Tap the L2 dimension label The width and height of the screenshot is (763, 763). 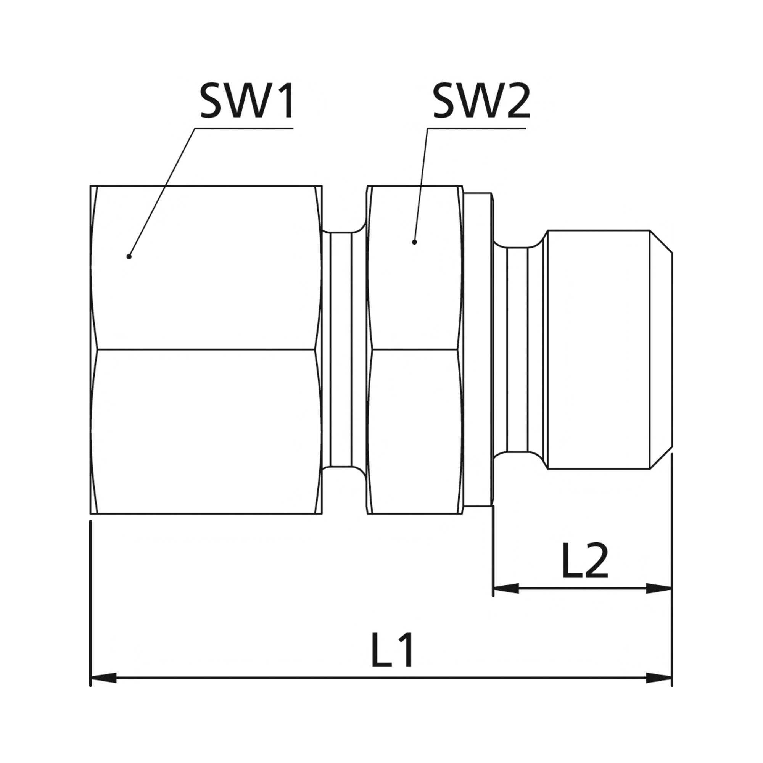point(584,562)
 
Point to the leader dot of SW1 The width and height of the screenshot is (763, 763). point(129,257)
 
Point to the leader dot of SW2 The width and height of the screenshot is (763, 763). point(414,242)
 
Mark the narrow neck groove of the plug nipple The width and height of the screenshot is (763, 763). point(517,349)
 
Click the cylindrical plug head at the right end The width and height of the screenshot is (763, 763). point(596,349)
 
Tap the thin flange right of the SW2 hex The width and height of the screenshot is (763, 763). point(478,349)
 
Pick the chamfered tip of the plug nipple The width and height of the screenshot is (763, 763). point(660,349)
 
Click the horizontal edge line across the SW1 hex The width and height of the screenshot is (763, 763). point(205,349)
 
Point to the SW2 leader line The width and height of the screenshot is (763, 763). point(420,186)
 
